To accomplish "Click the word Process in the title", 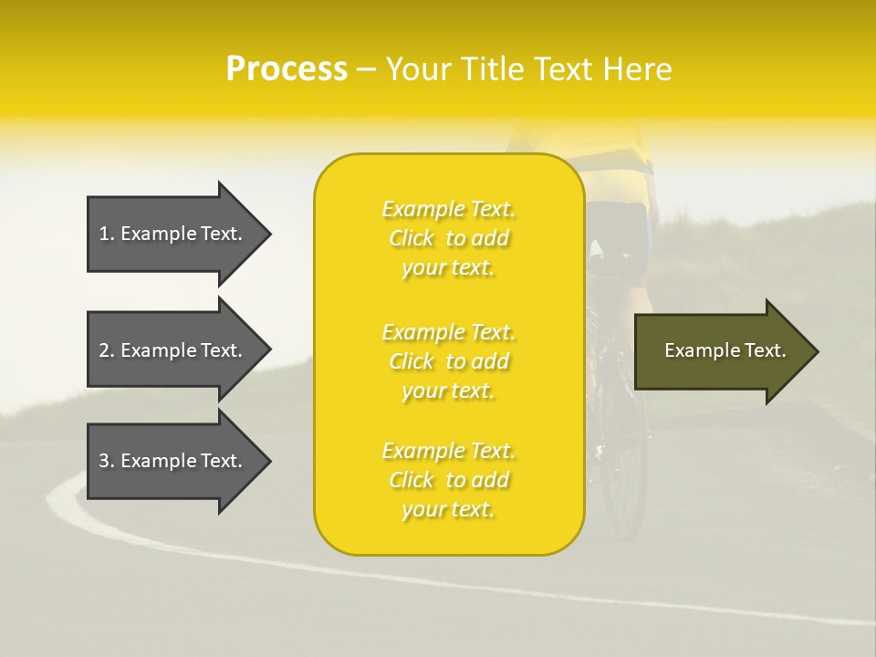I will pyautogui.click(x=287, y=69).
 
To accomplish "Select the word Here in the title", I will pyautogui.click(x=636, y=69).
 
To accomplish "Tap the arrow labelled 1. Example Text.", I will pyautogui.click(x=173, y=234).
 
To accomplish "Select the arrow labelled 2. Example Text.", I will pyautogui.click(x=173, y=350).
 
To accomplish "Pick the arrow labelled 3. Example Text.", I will pyautogui.click(x=173, y=461).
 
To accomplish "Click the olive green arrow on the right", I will pyautogui.click(x=721, y=351).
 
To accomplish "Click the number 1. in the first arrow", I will pyautogui.click(x=107, y=234).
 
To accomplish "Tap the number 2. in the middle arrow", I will pyautogui.click(x=107, y=350).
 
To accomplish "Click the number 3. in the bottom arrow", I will pyautogui.click(x=107, y=461).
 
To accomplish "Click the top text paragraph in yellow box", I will pyautogui.click(x=448, y=238).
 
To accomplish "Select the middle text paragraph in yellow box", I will pyautogui.click(x=448, y=361).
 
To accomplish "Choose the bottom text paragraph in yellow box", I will pyautogui.click(x=448, y=480).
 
